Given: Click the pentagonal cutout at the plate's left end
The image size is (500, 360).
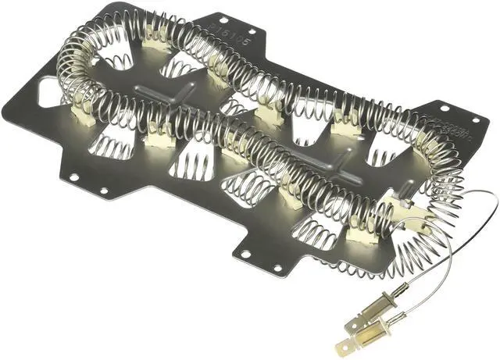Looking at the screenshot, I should coord(49,94).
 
